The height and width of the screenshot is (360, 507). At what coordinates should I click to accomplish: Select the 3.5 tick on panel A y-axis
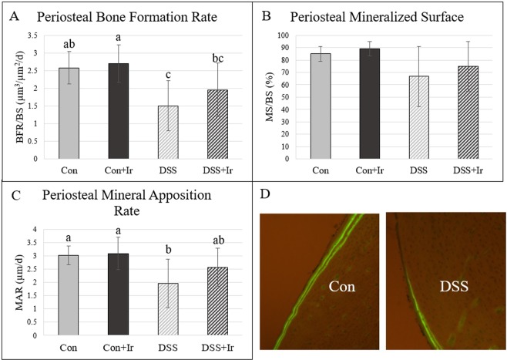click(x=32, y=35)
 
